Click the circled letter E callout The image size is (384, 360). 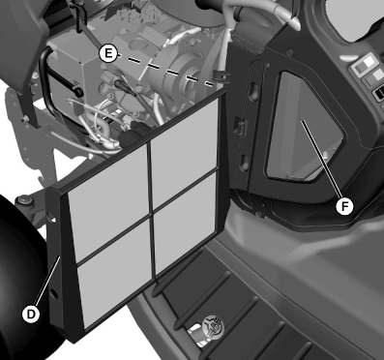click(108, 53)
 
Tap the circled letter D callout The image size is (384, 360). click(31, 314)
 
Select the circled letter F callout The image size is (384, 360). click(344, 206)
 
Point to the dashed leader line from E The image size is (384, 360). click(165, 70)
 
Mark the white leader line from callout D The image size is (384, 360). click(47, 281)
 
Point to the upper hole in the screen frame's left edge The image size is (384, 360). click(51, 216)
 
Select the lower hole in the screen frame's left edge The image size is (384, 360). click(54, 293)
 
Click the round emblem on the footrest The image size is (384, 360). click(215, 325)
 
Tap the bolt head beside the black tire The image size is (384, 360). click(23, 200)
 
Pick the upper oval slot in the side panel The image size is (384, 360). click(253, 93)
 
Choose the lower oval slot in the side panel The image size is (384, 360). click(245, 163)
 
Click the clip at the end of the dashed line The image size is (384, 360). click(222, 78)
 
